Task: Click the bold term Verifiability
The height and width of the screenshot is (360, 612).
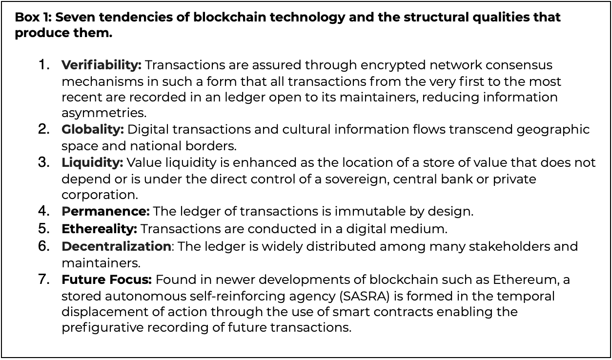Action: (x=102, y=65)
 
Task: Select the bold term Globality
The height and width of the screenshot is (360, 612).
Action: (x=93, y=129)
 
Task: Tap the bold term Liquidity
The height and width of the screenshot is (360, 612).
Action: (x=92, y=163)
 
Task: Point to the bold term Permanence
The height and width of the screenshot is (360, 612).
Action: (x=105, y=211)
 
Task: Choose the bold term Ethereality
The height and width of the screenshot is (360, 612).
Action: (x=99, y=229)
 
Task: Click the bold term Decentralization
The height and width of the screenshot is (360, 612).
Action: (x=116, y=246)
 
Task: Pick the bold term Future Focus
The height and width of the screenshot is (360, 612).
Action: (x=106, y=280)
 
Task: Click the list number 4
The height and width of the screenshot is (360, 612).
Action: (x=44, y=211)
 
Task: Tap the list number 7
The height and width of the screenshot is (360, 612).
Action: (x=44, y=280)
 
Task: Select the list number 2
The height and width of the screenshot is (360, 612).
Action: (x=44, y=129)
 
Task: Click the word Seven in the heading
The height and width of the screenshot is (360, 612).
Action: (x=74, y=17)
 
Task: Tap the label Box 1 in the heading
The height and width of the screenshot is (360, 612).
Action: (x=33, y=17)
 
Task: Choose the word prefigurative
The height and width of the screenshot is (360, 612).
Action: (x=102, y=328)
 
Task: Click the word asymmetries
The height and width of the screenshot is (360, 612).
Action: (x=104, y=113)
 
